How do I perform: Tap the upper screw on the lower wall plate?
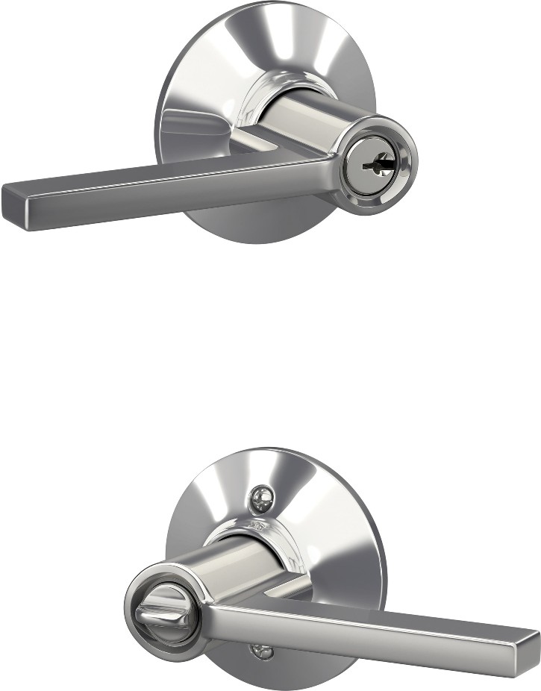point(260,499)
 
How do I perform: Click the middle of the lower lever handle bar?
point(373,627)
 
